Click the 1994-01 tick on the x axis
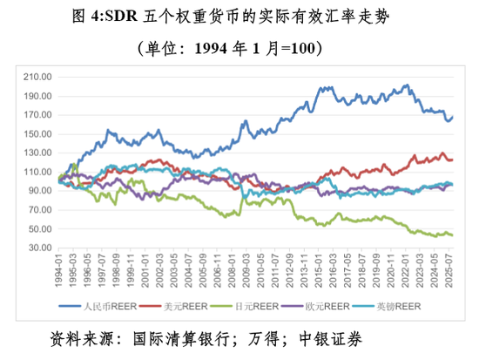click(x=60, y=268)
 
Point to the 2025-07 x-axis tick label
click(x=449, y=268)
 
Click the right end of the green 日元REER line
click(x=453, y=235)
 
